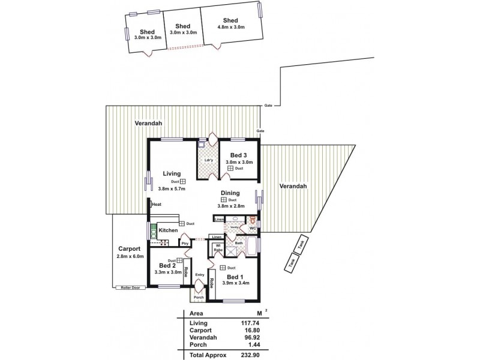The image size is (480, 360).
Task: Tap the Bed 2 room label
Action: [167, 266]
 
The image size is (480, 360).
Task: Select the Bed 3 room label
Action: [239, 155]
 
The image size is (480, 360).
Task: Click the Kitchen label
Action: [169, 230]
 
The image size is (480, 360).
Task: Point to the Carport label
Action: [129, 248]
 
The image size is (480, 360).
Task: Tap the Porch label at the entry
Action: [198, 297]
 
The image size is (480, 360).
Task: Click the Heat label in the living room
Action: [157, 205]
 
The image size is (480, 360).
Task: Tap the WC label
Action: [253, 229]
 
